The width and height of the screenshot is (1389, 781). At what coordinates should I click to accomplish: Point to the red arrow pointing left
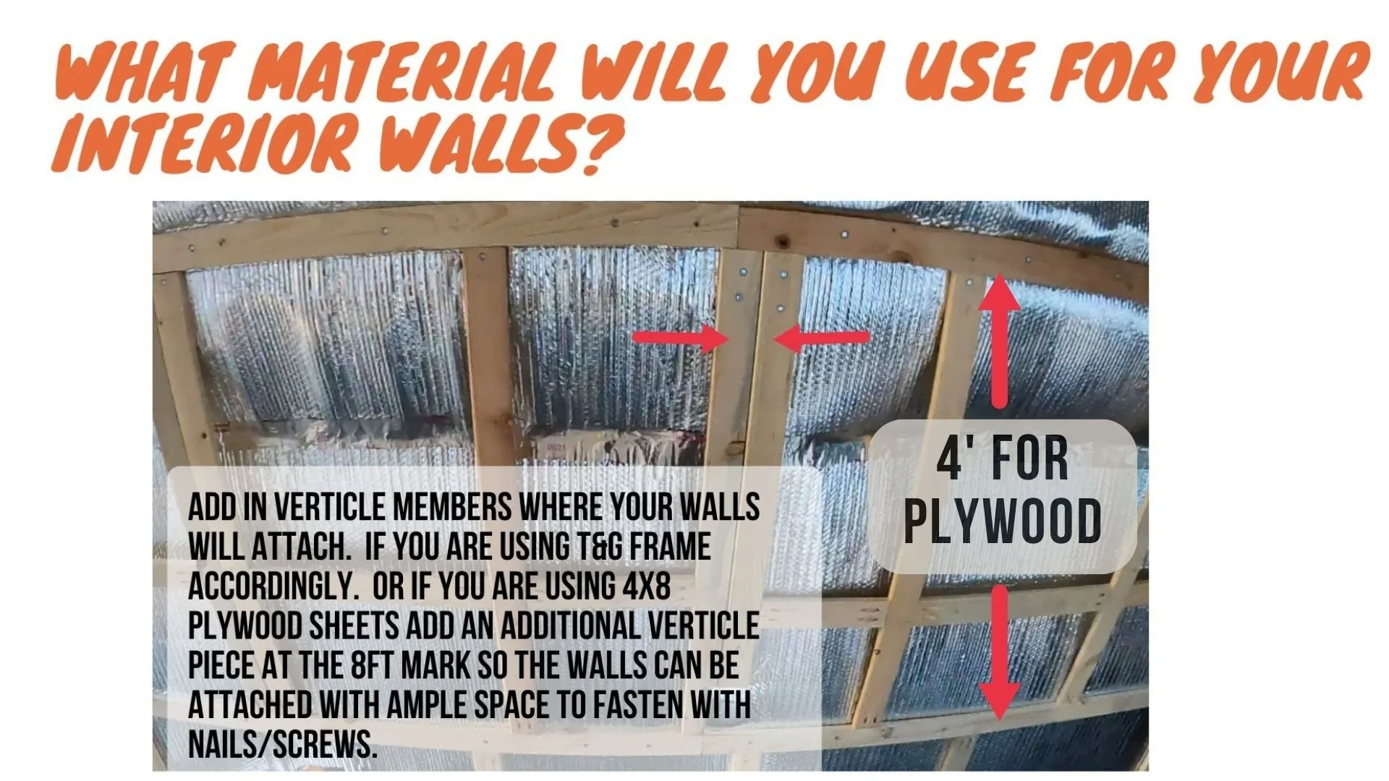click(822, 338)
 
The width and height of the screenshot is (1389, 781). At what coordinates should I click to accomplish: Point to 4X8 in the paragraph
click(646, 586)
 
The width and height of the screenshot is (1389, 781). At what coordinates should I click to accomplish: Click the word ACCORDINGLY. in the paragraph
click(273, 586)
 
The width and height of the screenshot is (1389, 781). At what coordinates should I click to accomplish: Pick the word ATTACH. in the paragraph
click(300, 547)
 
